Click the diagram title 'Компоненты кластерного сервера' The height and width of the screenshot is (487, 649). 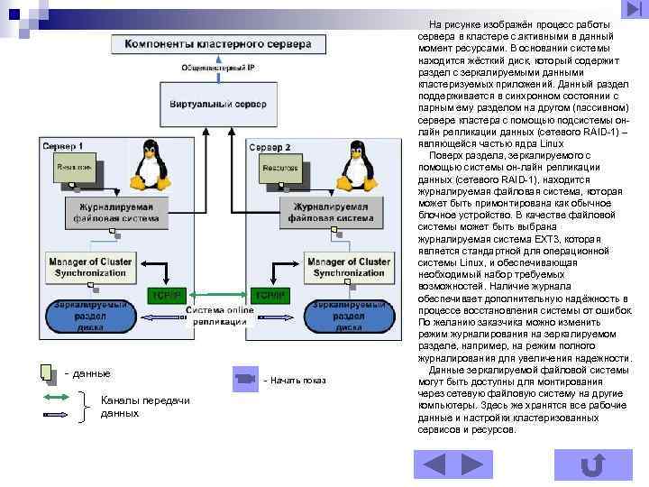(215, 44)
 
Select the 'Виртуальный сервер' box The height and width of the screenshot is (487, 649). (218, 104)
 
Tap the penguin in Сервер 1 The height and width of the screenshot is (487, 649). (146, 169)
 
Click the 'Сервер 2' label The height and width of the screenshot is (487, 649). (270, 146)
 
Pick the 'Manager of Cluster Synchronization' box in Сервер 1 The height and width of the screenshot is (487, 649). (89, 266)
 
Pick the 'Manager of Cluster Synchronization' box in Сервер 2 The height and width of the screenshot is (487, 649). (345, 266)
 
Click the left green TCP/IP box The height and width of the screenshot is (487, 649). (166, 296)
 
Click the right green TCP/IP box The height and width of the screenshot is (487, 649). (269, 296)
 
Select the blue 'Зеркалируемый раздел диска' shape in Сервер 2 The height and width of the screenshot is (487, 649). (346, 317)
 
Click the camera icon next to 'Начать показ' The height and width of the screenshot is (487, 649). (245, 379)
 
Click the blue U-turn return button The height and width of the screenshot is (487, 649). (592, 464)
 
